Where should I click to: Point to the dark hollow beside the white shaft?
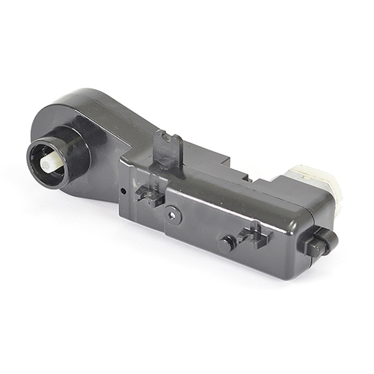[x=43, y=169]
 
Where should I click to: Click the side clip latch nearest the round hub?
[x=150, y=196]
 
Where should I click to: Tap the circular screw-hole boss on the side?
[x=174, y=213]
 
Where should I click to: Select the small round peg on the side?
[x=228, y=242]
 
